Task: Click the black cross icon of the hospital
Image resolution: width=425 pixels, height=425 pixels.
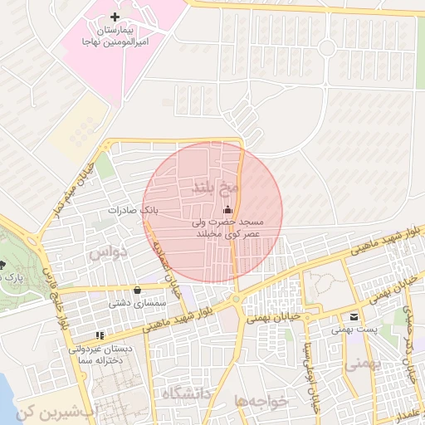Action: [115, 17]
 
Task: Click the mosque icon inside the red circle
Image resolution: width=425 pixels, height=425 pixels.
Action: [228, 210]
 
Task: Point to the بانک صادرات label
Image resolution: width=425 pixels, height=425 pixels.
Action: [132, 211]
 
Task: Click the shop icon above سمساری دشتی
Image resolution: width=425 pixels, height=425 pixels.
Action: [137, 290]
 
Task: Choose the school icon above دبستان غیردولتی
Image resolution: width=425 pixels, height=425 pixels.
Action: [99, 335]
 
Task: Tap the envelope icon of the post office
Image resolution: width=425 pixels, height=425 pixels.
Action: [354, 316]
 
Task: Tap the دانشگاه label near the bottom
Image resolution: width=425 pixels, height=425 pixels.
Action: [189, 392]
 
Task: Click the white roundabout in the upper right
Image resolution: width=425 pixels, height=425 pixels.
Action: [327, 48]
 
